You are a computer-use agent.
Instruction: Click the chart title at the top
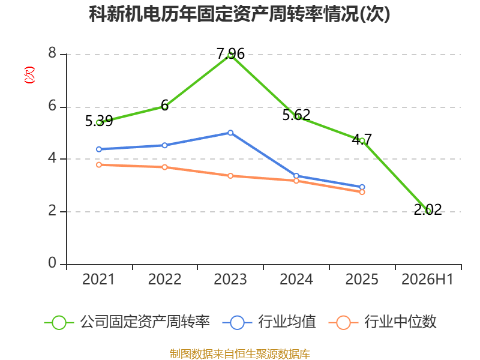pyautogui.click(x=239, y=14)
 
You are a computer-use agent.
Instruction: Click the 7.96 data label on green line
pyautogui.click(x=230, y=54)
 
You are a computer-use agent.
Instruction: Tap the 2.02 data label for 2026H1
pyautogui.click(x=428, y=209)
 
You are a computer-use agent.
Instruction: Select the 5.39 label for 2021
pyautogui.click(x=99, y=121)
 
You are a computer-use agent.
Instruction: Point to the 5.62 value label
pyautogui.click(x=296, y=115)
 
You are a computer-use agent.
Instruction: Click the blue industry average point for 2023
pyautogui.click(x=230, y=133)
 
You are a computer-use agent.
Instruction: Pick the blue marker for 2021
pyautogui.click(x=99, y=149)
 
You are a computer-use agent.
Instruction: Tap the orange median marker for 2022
pyautogui.click(x=164, y=167)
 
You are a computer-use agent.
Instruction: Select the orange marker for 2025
pyautogui.click(x=362, y=192)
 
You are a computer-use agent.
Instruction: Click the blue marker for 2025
pyautogui.click(x=362, y=187)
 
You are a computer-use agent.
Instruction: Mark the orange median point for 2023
pyautogui.click(x=230, y=176)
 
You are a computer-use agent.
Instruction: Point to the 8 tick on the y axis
pyautogui.click(x=52, y=53)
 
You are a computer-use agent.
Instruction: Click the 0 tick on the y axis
pyautogui.click(x=52, y=263)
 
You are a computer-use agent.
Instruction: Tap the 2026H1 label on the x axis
pyautogui.click(x=427, y=279)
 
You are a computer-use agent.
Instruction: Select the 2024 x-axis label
pyautogui.click(x=296, y=279)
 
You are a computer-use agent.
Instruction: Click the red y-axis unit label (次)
pyautogui.click(x=29, y=75)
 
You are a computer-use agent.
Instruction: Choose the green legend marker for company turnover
pyautogui.click(x=59, y=323)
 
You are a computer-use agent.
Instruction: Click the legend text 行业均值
pyautogui.click(x=287, y=322)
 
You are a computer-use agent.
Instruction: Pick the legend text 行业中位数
pyautogui.click(x=400, y=322)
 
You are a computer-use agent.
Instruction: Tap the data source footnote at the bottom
pyautogui.click(x=239, y=354)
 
